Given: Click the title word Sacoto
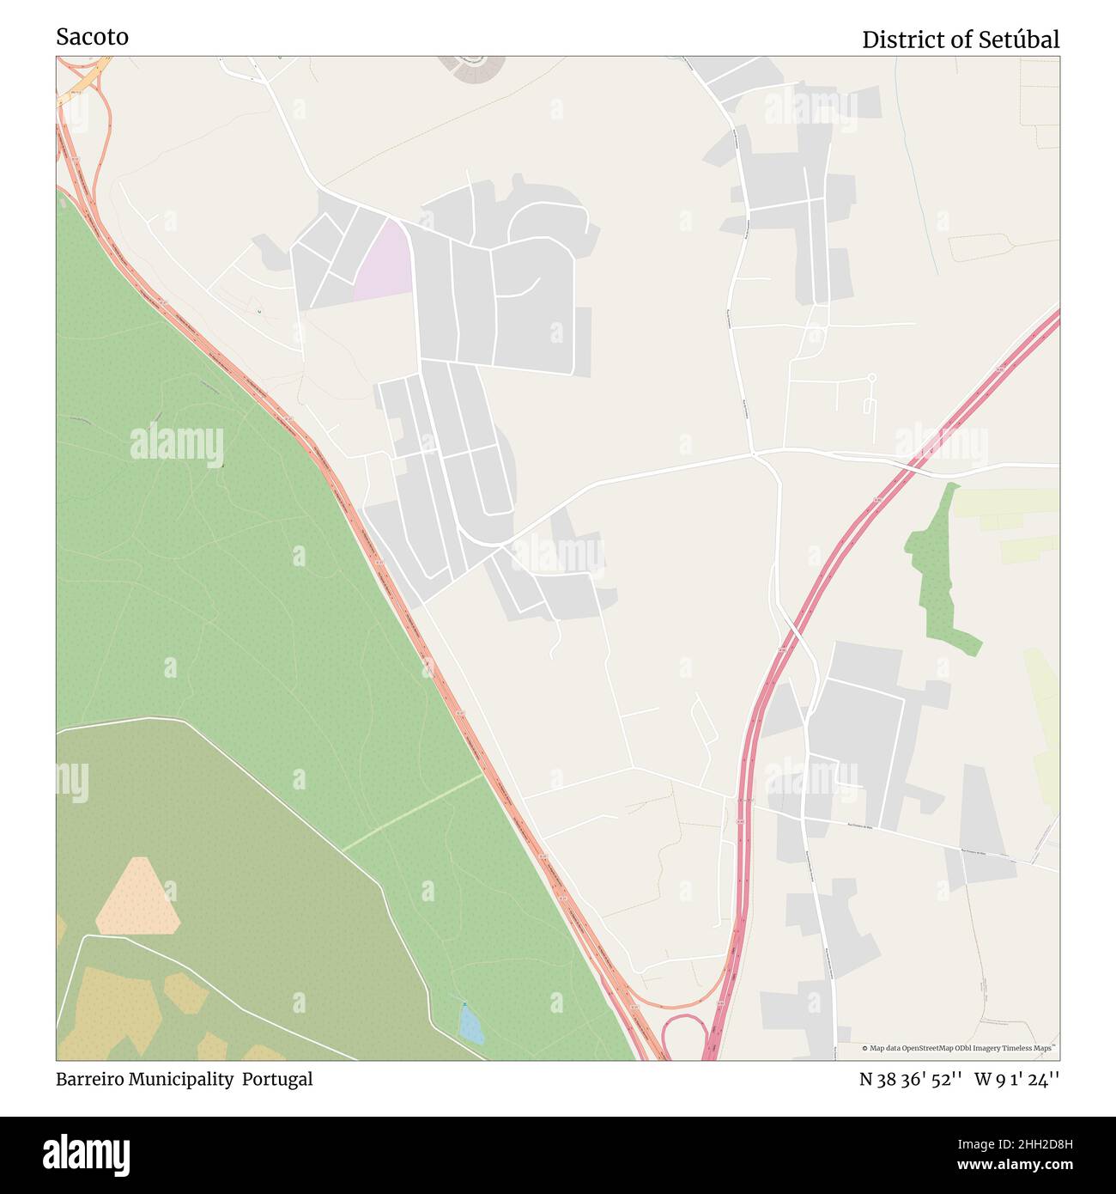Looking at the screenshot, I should pyautogui.click(x=92, y=37).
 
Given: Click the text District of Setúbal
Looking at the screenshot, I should pyautogui.click(x=960, y=40).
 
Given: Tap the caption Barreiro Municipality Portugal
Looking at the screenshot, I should pyautogui.click(x=184, y=1079).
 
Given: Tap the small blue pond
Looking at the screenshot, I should pyautogui.click(x=470, y=1024).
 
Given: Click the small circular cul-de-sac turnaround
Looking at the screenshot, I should pyautogui.click(x=871, y=377).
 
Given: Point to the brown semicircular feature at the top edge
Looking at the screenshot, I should pyautogui.click(x=470, y=68).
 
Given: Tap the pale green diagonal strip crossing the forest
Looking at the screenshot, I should pyautogui.click(x=412, y=812).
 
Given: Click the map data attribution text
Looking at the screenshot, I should pyautogui.click(x=960, y=1048).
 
